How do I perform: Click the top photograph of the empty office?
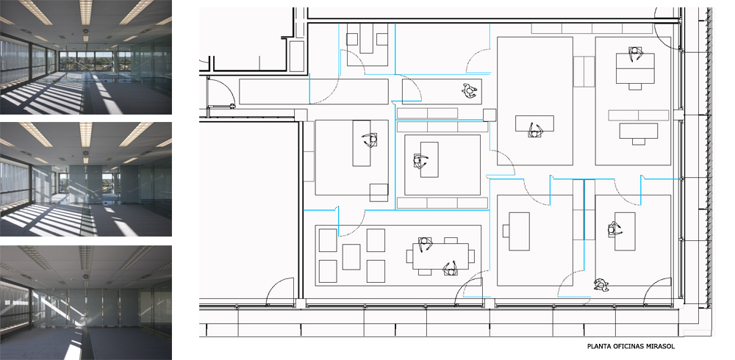tap(86, 57)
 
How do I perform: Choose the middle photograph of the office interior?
tap(86, 179)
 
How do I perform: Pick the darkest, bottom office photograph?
tap(86, 303)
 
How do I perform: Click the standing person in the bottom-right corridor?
tap(600, 284)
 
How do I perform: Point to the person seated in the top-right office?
tap(635, 54)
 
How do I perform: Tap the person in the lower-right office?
tap(614, 229)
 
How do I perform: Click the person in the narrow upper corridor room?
tap(470, 90)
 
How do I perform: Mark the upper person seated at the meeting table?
tap(425, 245)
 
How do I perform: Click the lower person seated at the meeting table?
tap(451, 269)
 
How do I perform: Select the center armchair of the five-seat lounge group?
tap(351, 257)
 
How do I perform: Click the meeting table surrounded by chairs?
tap(440, 256)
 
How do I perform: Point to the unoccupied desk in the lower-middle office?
tap(520, 231)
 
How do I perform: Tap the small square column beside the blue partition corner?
tap(490, 115)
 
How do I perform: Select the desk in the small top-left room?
tap(367, 38)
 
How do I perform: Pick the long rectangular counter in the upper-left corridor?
tap(314, 91)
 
